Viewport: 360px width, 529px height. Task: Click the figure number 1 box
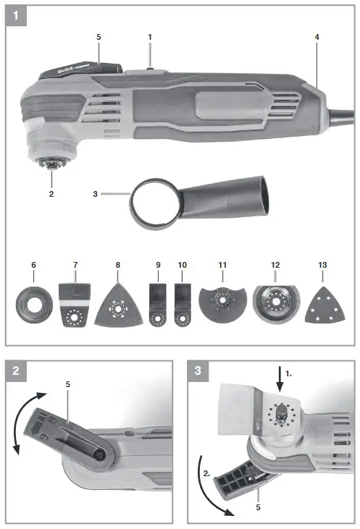point(16,14)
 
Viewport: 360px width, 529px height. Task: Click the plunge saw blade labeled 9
point(154,305)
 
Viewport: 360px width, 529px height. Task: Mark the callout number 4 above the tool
point(317,36)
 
